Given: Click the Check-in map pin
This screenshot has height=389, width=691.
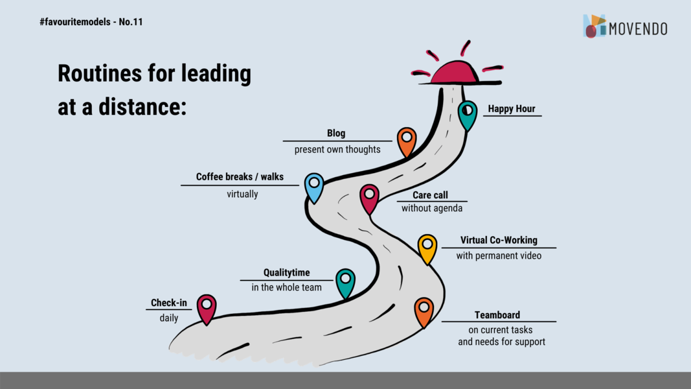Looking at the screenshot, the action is click(x=206, y=309).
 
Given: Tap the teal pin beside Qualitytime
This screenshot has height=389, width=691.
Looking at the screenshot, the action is click(x=346, y=283).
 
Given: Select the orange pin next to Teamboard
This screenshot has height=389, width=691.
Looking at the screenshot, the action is click(x=424, y=311).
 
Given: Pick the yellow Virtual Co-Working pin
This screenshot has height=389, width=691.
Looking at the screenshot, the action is click(x=427, y=248).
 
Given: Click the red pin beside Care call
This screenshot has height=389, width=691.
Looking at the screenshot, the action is click(x=369, y=198).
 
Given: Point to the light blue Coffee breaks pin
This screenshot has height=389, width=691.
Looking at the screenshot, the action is click(x=314, y=187).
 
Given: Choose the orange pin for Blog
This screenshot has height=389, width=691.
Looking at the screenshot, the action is click(x=406, y=141).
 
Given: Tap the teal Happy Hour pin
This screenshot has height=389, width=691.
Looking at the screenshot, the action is click(x=467, y=115).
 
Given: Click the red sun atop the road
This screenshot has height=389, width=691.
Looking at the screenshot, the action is click(x=456, y=72).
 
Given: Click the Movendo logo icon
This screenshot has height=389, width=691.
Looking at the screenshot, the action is click(x=594, y=26).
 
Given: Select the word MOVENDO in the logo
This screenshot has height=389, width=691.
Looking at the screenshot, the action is click(x=638, y=29).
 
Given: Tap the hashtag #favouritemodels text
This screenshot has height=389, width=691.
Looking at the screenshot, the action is click(x=75, y=22).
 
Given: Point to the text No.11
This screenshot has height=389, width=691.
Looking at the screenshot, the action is click(x=131, y=22).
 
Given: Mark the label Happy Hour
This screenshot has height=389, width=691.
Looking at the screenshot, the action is click(x=511, y=108).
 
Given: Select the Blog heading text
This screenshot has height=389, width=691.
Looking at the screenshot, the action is click(x=336, y=133).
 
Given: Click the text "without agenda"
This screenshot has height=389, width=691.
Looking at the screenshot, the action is click(x=432, y=208).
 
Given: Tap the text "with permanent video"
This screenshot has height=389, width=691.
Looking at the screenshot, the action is click(x=499, y=256).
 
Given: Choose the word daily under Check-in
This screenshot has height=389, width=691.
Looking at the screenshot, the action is click(x=169, y=318).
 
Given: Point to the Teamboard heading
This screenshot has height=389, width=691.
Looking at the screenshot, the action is click(x=497, y=315).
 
